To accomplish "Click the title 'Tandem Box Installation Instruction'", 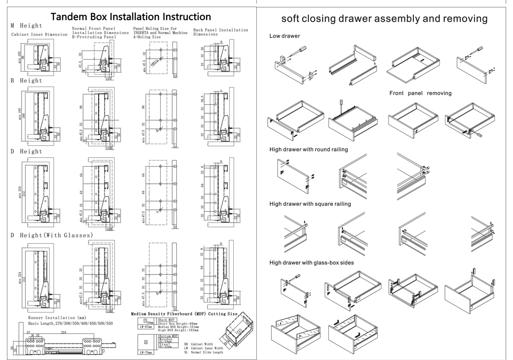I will (131, 17).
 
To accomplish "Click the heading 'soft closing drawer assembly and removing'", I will (384, 19).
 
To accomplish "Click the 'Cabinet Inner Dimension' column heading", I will (40, 35).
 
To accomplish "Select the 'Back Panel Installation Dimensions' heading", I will (220, 32).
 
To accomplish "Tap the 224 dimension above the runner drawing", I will (63, 331).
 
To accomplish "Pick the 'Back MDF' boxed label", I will (167, 319).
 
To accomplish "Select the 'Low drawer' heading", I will (285, 36).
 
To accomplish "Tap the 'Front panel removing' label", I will (420, 93).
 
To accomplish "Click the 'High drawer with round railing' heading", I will (308, 149).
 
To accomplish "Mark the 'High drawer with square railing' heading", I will (310, 204).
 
